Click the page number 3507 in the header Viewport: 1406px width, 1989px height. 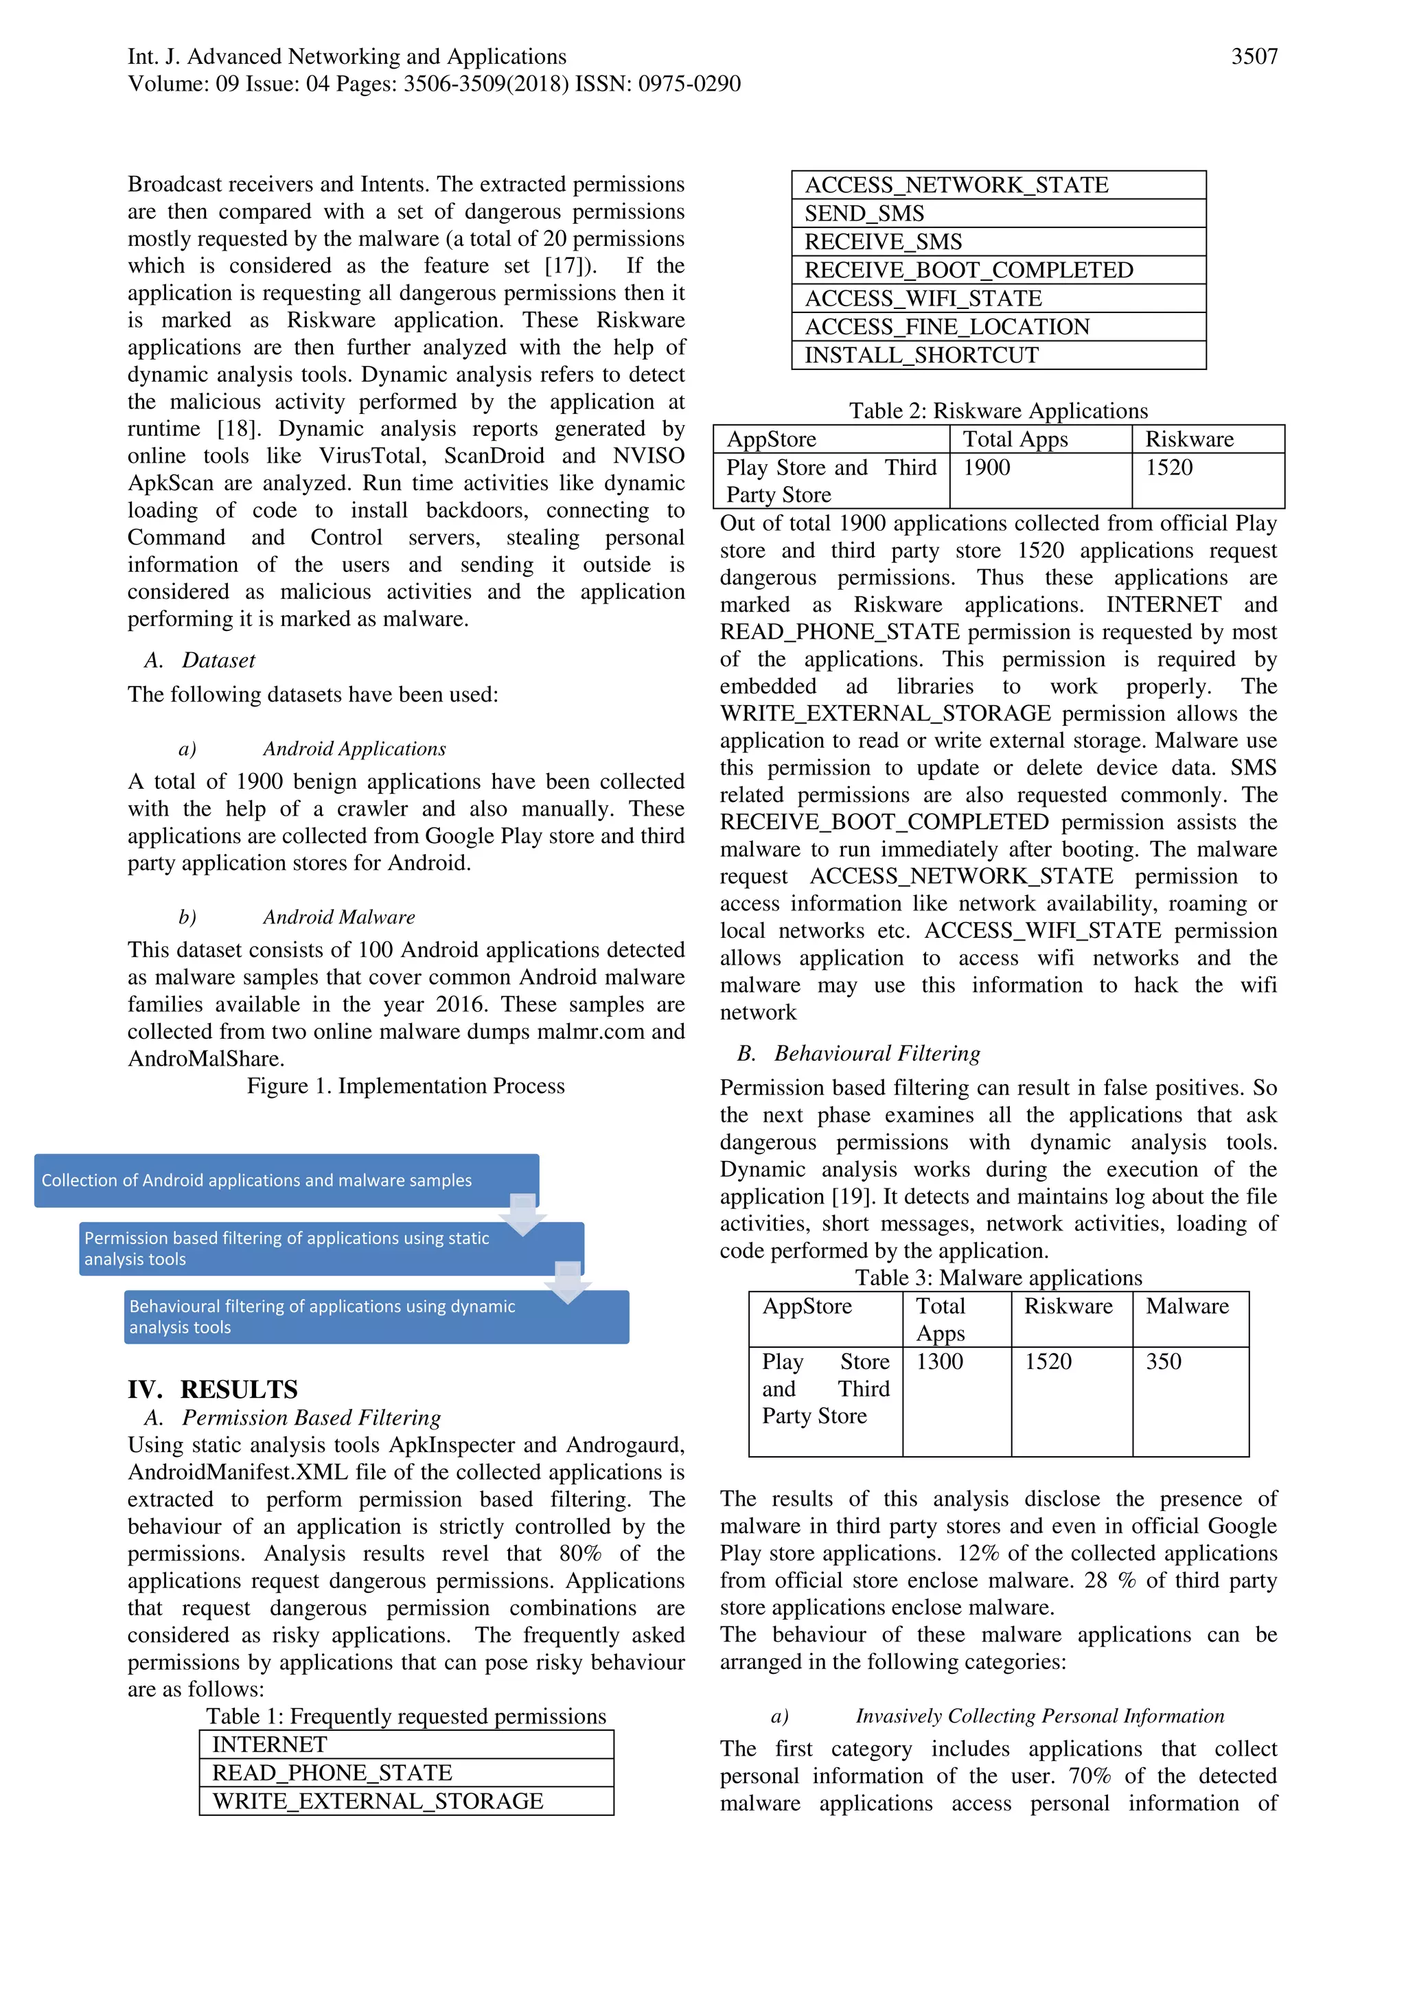click(1254, 57)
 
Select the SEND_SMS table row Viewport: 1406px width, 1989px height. click(998, 213)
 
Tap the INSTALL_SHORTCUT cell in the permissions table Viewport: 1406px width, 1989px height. click(998, 355)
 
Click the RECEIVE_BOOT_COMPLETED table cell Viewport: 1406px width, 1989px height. click(998, 271)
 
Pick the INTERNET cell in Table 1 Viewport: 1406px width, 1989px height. click(406, 1745)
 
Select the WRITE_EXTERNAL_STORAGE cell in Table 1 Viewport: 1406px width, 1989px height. click(406, 1801)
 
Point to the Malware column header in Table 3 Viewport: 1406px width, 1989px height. click(1187, 1307)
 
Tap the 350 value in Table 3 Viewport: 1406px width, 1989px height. click(1164, 1361)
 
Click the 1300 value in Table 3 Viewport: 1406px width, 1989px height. click(940, 1361)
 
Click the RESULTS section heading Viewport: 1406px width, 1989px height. click(238, 1390)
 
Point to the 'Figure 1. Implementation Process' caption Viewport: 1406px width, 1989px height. click(406, 1086)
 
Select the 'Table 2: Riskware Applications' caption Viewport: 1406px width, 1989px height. click(998, 411)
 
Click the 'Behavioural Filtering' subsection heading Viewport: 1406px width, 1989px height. click(877, 1053)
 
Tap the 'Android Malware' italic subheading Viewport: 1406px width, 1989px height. click(338, 917)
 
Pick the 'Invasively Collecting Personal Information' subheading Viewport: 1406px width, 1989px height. click(1039, 1716)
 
